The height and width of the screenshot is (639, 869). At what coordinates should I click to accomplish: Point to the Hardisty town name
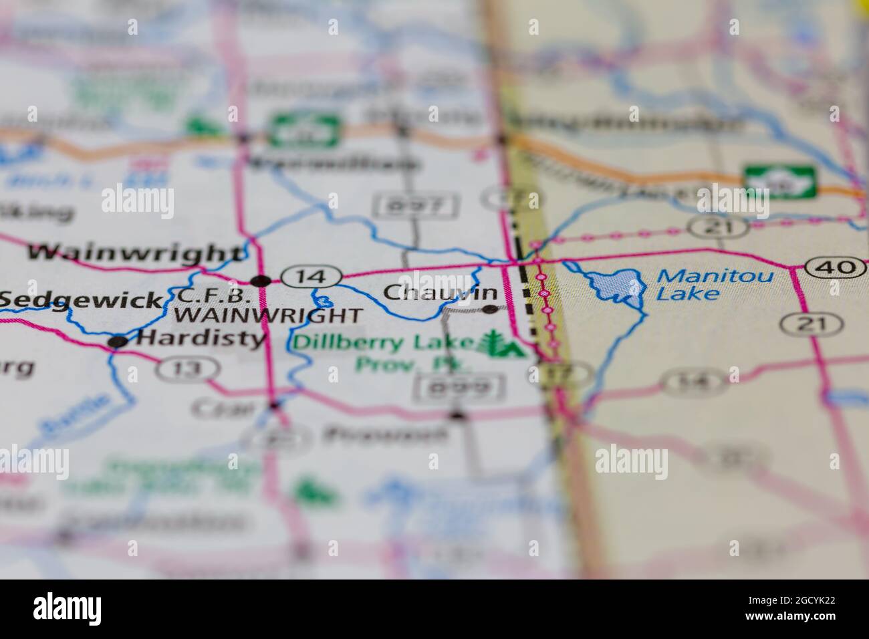tap(201, 339)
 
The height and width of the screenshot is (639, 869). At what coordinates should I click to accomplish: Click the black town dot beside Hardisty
tap(118, 342)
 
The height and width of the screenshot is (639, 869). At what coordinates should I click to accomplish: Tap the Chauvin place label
tap(441, 292)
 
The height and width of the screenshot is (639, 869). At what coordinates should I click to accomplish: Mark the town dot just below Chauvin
tap(491, 309)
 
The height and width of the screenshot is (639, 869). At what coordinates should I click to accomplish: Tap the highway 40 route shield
tap(836, 267)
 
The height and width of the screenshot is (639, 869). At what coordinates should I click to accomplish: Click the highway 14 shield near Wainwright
tap(312, 275)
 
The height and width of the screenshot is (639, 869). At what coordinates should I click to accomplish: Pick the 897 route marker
tap(416, 205)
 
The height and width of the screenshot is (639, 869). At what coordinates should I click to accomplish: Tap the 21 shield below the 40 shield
tap(811, 324)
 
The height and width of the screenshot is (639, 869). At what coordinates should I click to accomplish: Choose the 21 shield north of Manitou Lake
tap(719, 227)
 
